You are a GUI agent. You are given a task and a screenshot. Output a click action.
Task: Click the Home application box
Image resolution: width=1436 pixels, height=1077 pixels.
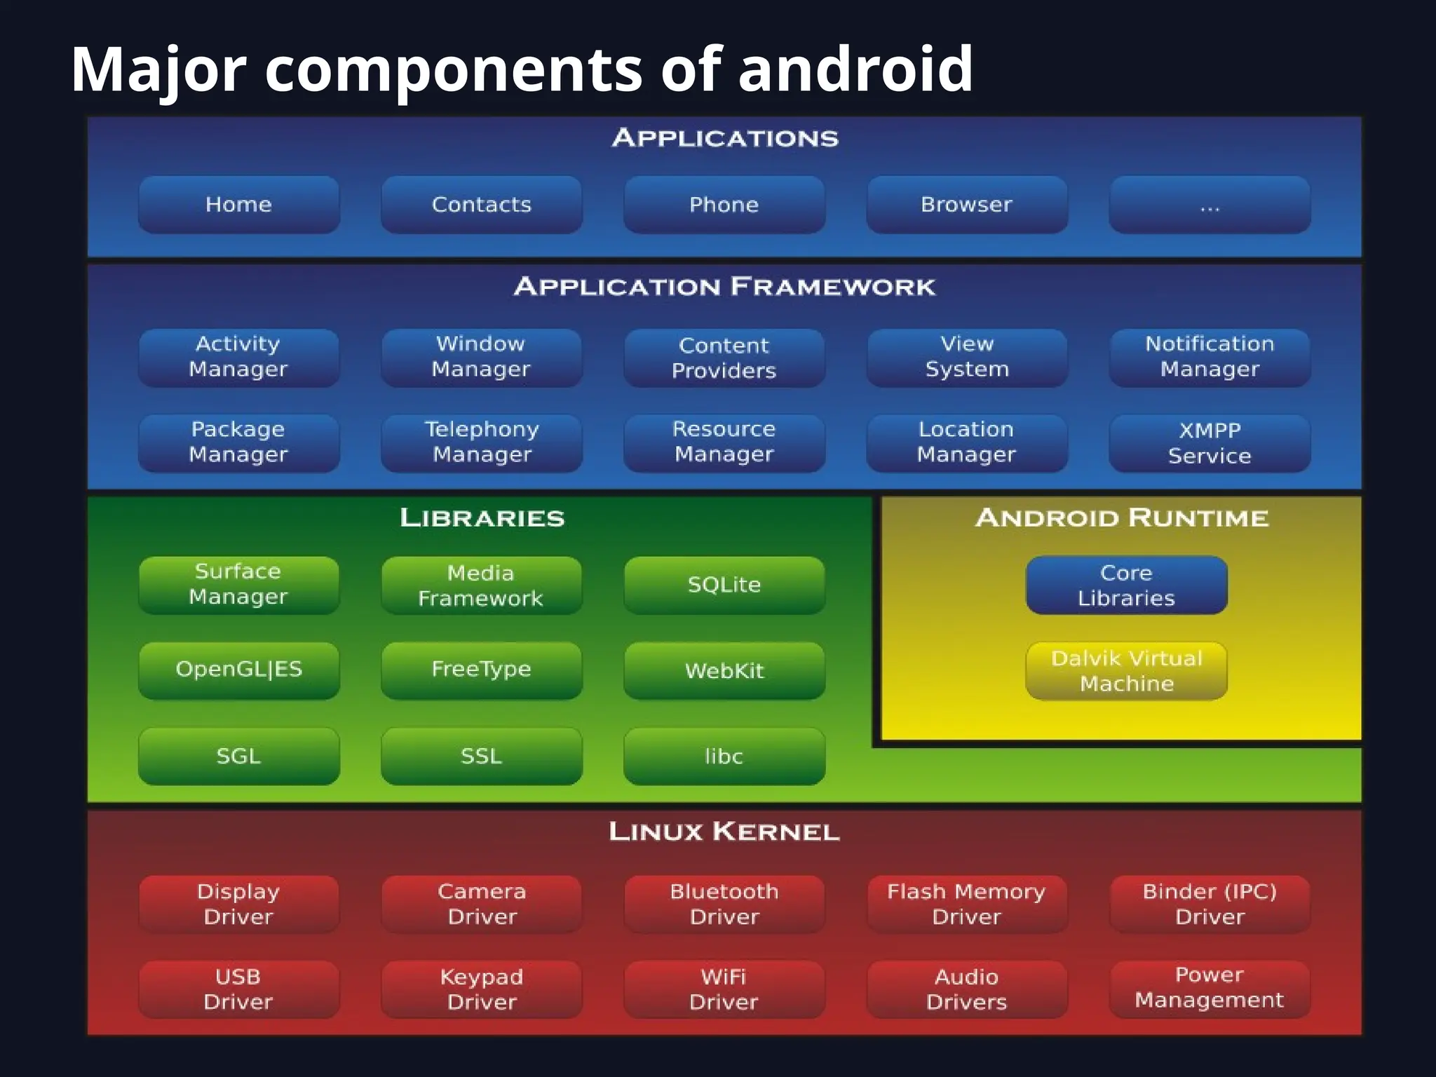(238, 205)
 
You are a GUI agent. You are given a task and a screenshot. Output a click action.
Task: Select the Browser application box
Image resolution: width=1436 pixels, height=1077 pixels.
(967, 205)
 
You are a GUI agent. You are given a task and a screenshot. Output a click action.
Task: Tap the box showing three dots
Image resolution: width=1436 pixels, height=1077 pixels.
(1210, 205)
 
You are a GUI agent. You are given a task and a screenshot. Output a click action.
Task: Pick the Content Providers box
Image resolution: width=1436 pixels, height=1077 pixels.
(724, 358)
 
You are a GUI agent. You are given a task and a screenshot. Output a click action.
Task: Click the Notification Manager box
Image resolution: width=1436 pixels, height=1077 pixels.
(1210, 358)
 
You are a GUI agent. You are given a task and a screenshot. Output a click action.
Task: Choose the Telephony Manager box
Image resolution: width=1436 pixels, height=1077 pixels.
(482, 442)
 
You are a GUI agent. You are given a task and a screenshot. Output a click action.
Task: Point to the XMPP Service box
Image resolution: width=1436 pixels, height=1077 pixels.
(1210, 443)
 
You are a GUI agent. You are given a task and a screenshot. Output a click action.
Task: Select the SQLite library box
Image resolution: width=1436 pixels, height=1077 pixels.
(724, 585)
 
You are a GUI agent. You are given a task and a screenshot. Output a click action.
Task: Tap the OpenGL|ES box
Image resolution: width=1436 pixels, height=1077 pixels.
(238, 670)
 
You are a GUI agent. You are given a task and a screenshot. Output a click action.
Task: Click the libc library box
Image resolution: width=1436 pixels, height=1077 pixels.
(724, 756)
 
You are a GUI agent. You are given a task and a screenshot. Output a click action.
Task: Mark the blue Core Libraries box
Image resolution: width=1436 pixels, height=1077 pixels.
(1126, 585)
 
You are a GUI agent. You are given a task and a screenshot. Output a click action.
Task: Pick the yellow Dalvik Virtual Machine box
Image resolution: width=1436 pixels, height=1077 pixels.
(1126, 670)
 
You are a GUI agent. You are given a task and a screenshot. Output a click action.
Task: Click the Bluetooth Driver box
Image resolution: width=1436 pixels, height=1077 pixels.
(724, 904)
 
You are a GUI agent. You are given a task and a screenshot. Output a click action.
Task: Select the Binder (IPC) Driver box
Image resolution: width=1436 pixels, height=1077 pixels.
(1210, 904)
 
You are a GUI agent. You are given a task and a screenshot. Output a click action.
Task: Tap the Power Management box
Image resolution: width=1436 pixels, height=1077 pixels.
(1210, 988)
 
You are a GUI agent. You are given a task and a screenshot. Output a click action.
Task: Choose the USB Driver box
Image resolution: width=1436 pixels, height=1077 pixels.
(238, 989)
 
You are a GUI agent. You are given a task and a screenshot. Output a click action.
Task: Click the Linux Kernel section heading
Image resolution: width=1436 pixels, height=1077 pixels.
(724, 832)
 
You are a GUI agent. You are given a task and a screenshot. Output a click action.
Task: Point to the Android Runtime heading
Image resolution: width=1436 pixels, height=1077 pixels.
(1122, 518)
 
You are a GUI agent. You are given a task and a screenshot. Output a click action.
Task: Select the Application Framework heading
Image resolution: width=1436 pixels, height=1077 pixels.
(724, 287)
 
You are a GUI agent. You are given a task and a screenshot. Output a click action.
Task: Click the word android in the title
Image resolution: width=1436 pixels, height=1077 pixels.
(855, 69)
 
